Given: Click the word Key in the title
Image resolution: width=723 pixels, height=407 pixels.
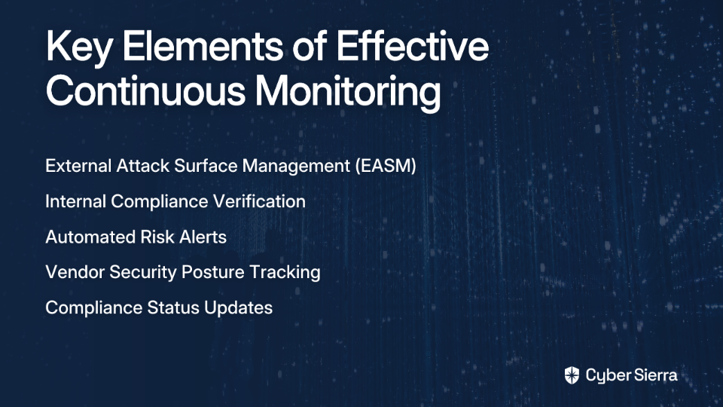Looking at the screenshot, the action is point(78,48).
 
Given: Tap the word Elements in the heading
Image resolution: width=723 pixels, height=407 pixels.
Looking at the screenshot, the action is point(203,46).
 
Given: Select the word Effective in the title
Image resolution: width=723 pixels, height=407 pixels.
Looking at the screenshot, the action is point(412,46).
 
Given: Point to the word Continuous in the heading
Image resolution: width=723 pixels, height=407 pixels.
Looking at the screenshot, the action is point(145,90).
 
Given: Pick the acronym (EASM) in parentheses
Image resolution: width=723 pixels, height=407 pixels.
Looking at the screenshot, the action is point(386,166).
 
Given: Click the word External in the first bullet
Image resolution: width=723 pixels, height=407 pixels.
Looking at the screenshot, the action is point(78,166).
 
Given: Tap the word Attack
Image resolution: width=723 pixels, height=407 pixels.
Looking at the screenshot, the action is point(143,166).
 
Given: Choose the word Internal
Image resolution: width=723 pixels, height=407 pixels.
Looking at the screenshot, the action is point(75,201).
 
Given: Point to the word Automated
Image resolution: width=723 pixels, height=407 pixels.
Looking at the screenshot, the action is point(90,237).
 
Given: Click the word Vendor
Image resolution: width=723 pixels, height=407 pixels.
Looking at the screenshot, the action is point(75,272).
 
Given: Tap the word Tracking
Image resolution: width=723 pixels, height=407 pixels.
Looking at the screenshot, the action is point(285,273).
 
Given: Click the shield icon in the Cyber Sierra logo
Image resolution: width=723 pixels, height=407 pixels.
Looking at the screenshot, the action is point(572,375).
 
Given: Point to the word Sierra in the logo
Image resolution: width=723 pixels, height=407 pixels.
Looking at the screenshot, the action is point(654,375).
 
